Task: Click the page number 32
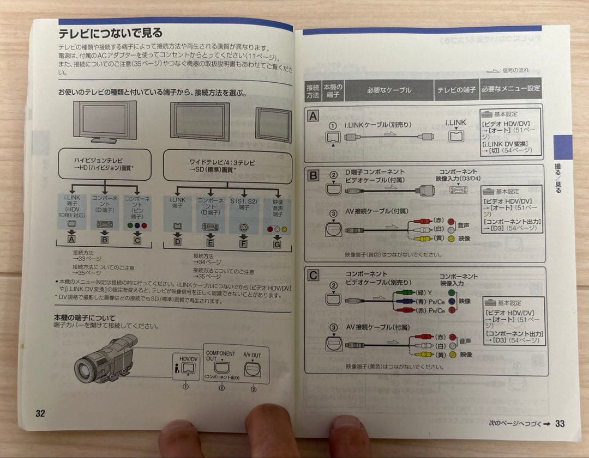coord(40,413)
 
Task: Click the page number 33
coord(560,423)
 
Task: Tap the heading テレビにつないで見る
coord(110,34)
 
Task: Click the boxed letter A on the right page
coord(313,116)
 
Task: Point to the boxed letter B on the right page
coord(313,175)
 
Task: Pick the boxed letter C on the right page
coord(313,276)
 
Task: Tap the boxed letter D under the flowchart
coord(177,241)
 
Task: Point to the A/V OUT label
coord(252,355)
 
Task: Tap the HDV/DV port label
coord(188,359)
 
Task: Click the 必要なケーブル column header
coord(389,90)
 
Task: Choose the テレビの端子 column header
coord(456,90)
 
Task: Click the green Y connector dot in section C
coord(451,292)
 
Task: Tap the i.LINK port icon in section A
coord(455,136)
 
